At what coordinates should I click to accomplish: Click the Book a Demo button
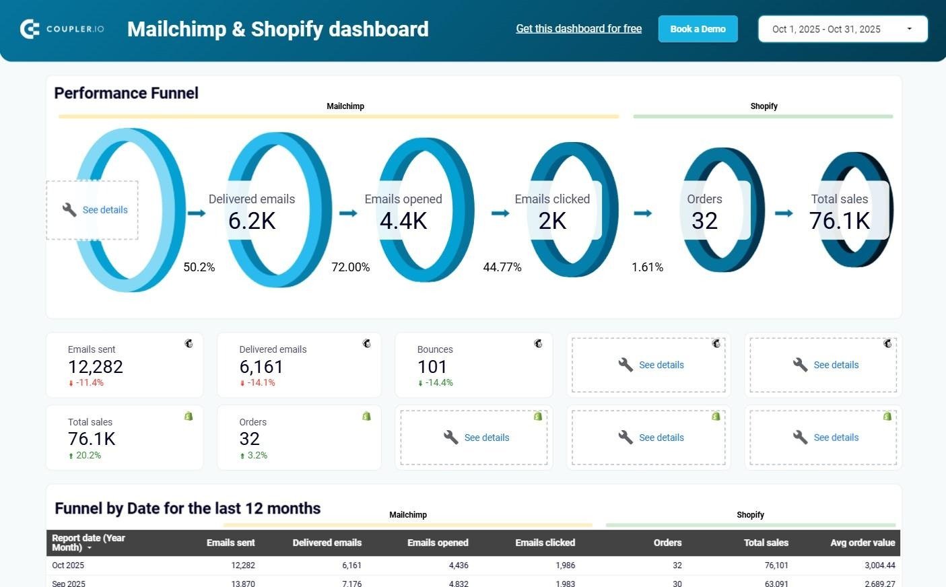pos(698,29)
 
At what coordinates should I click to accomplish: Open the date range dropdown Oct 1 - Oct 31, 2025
pos(842,29)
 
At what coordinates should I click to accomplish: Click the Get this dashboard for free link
pos(578,28)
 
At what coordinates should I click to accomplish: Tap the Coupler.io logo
pos(62,29)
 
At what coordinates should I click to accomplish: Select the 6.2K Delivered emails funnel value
pos(252,221)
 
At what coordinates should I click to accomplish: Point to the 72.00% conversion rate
pos(350,267)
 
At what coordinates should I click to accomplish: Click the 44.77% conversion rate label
pos(502,267)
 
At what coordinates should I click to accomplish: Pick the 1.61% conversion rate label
pos(647,267)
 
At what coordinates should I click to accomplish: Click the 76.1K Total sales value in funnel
pos(840,221)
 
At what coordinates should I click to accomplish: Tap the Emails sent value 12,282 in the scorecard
pos(96,367)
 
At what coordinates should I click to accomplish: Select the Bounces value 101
pos(432,367)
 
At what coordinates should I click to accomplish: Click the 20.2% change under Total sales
pos(88,456)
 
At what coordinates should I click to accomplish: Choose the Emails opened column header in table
pos(438,543)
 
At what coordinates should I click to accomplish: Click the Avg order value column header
pos(863,543)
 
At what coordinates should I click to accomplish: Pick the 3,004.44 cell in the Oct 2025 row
pos(879,565)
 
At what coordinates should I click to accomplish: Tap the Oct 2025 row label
pos(68,565)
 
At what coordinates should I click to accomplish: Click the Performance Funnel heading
pos(126,93)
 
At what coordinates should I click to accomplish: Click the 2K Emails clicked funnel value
pos(552,221)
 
